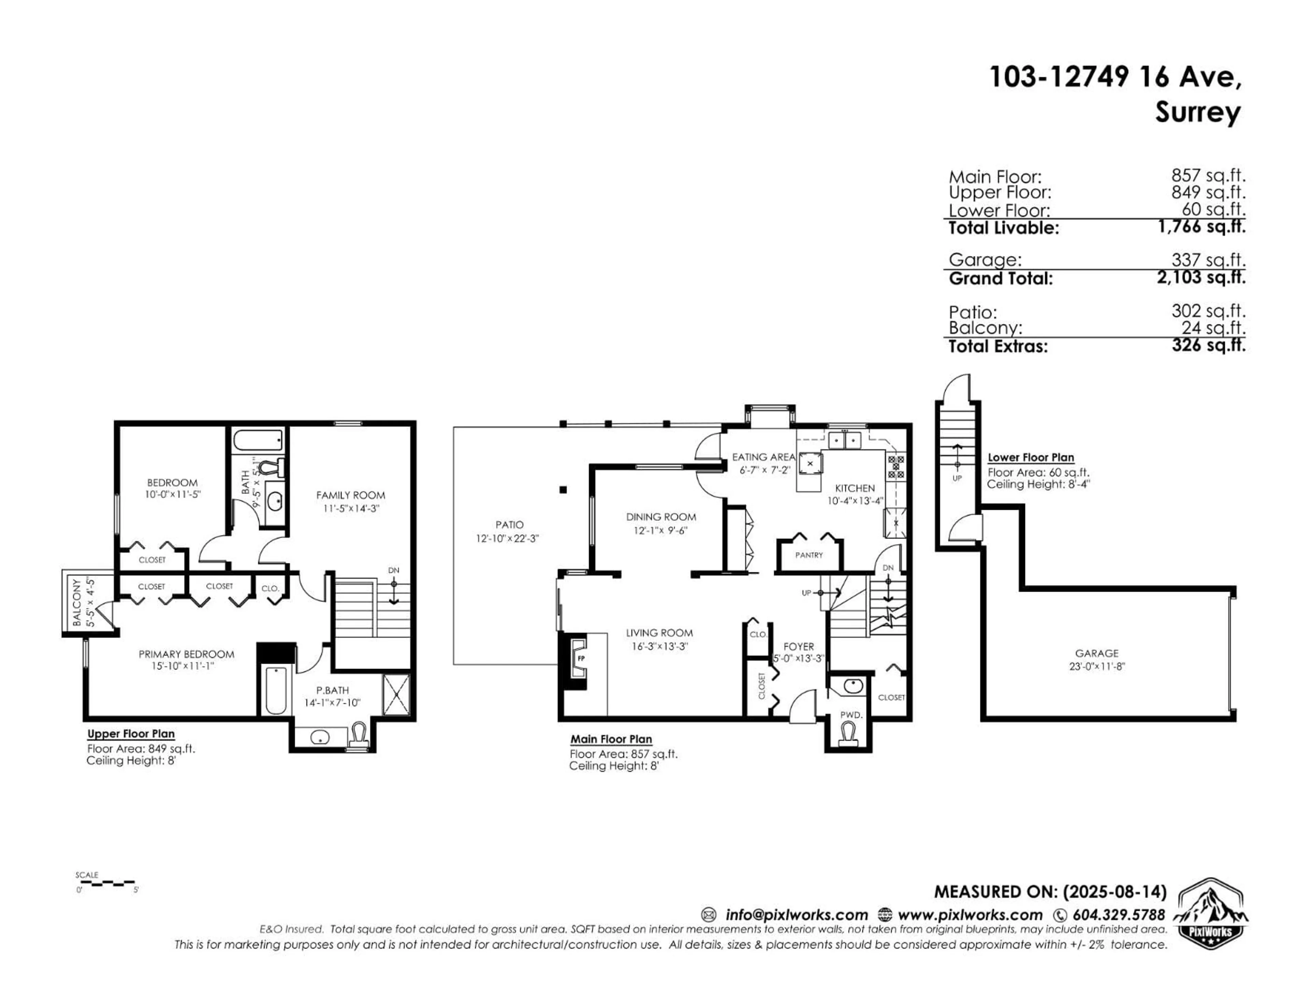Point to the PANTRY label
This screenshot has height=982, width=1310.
tap(809, 555)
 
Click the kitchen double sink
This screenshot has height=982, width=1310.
tap(845, 441)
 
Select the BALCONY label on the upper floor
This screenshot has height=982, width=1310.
tap(77, 602)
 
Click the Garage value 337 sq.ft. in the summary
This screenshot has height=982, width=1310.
tap(1208, 260)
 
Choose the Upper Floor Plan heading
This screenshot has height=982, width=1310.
tap(131, 734)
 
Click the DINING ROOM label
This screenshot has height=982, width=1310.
tap(661, 517)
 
